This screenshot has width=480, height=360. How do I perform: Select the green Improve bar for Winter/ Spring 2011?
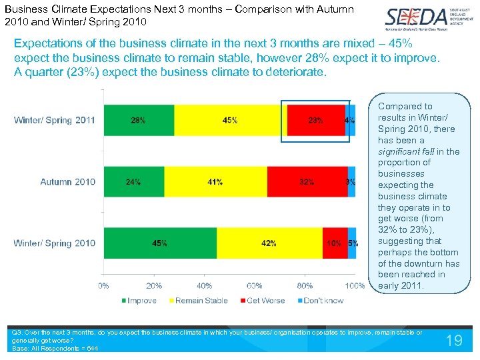(x=139, y=121)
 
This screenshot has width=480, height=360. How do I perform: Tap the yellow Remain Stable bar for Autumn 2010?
(x=215, y=182)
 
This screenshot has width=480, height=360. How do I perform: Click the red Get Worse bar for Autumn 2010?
(x=307, y=182)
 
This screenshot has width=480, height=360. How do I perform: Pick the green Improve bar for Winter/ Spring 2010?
(x=160, y=243)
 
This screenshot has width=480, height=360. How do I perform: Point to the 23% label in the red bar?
(x=315, y=121)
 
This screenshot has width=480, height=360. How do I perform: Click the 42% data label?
(x=269, y=243)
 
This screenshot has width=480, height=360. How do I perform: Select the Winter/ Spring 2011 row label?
(x=55, y=121)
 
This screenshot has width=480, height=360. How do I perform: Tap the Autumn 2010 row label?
(x=67, y=182)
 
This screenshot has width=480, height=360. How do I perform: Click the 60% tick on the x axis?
(x=255, y=286)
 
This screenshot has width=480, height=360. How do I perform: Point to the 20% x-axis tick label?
(x=154, y=286)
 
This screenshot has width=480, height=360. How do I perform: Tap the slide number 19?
(x=453, y=341)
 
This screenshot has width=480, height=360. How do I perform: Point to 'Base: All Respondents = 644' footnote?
(x=55, y=349)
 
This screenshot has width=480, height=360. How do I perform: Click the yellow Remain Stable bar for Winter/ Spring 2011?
(x=230, y=121)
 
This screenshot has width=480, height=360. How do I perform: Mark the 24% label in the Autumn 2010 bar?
(x=133, y=182)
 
